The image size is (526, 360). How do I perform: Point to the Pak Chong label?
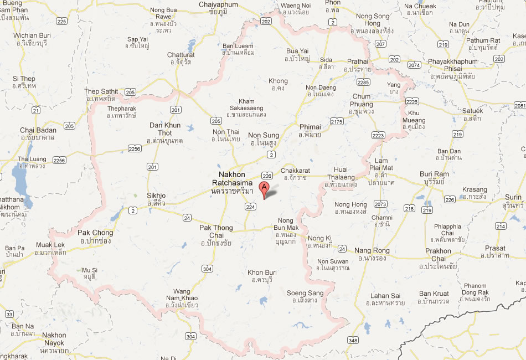[95, 236]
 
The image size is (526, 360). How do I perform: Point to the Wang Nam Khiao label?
[182, 295]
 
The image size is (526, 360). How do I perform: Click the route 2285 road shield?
[363, 82]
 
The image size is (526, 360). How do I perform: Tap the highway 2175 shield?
[337, 121]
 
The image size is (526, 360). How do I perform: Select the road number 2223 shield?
[378, 135]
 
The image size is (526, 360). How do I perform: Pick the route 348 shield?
[353, 339]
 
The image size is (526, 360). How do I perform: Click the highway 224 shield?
[251, 207]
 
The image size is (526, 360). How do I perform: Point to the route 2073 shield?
[380, 204]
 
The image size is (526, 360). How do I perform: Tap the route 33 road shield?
[9, 315]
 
